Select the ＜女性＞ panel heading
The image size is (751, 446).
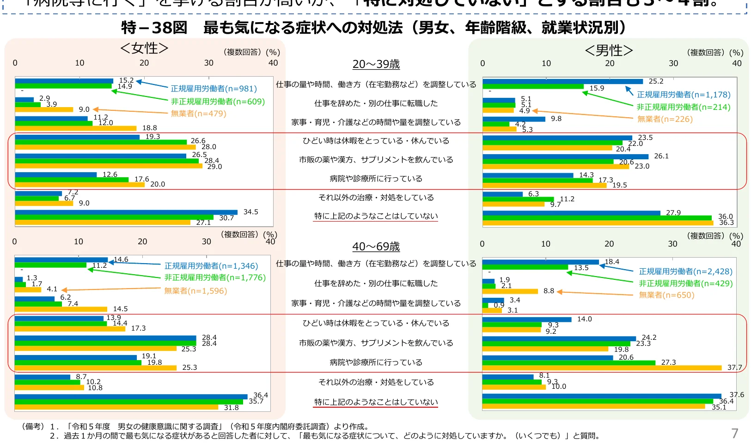(x=144, y=48)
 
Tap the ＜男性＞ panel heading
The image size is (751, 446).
(x=609, y=50)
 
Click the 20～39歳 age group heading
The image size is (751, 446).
(x=376, y=64)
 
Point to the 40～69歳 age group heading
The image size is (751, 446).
(x=376, y=247)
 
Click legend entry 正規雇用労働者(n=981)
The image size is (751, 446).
(x=214, y=89)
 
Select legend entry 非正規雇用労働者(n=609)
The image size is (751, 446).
(x=218, y=102)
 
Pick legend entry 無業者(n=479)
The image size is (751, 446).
(x=198, y=114)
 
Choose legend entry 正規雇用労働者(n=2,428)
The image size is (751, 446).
(x=685, y=271)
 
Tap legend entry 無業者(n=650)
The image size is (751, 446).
(x=666, y=295)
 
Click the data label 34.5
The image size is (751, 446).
(x=250, y=212)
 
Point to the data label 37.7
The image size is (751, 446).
(x=734, y=368)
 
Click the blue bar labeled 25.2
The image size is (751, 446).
(x=562, y=82)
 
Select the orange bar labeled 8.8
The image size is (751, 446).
(x=510, y=291)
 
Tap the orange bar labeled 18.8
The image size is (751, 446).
(x=75, y=128)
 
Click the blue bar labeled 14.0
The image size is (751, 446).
(x=526, y=319)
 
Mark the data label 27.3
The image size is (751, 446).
(x=668, y=362)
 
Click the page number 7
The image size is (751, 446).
(x=734, y=434)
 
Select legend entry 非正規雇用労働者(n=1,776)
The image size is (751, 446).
(x=215, y=277)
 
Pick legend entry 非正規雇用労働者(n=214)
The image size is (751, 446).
(x=683, y=107)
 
